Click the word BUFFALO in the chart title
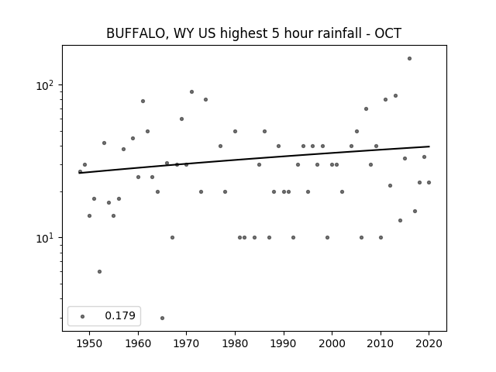click(x=135, y=33)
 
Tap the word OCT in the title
click(x=388, y=33)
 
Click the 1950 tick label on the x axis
click(x=90, y=343)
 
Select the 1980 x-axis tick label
click(x=235, y=343)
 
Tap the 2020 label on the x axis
click(x=429, y=343)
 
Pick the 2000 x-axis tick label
click(x=332, y=343)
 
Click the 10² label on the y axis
click(x=46, y=85)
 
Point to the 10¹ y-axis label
click(x=46, y=238)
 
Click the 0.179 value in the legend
click(x=120, y=315)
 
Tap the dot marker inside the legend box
click(x=83, y=316)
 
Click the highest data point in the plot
click(x=410, y=59)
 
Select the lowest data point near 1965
click(x=162, y=319)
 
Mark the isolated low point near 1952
click(x=100, y=272)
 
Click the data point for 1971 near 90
click(x=191, y=92)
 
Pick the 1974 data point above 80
click(x=206, y=100)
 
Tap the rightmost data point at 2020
click(x=429, y=183)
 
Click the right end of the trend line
click(x=429, y=146)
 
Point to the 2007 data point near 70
click(x=367, y=108)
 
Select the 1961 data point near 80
click(x=143, y=102)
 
